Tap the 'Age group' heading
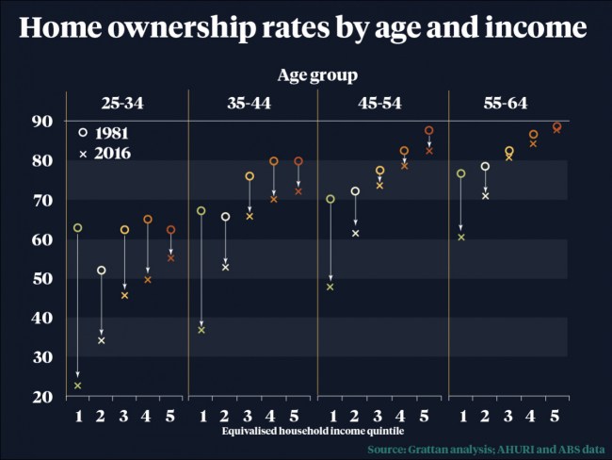pos(316,74)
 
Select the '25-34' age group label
pos(125,104)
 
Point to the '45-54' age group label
pos(380,104)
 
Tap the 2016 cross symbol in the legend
pos(83,153)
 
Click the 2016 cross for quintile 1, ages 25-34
pos(77,386)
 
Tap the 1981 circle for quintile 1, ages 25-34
pos(77,228)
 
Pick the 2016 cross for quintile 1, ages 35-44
pos(201,330)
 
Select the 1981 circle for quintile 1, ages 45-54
pos(330,199)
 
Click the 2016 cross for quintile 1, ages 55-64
pos(461,238)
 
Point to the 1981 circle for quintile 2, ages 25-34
pos(102,271)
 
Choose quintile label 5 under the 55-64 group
pos(556,416)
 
